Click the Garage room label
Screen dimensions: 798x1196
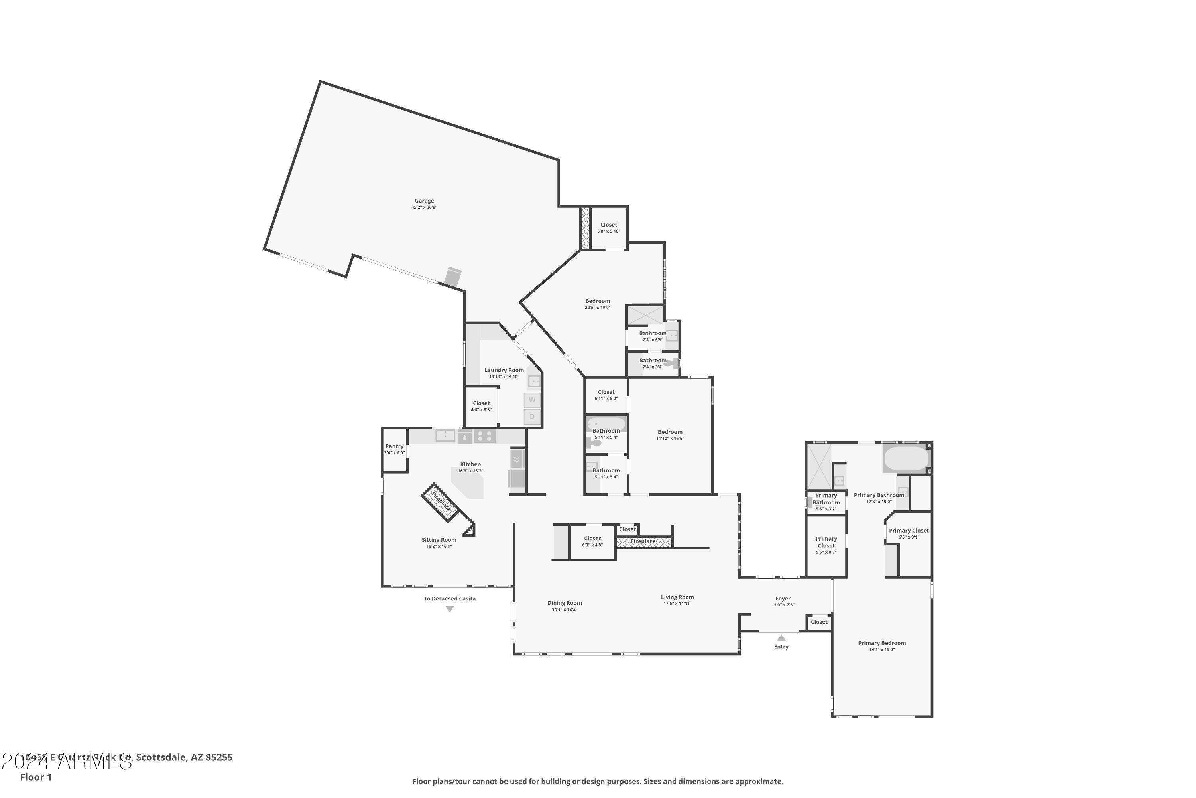coord(424,201)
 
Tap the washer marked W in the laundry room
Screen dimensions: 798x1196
coord(532,400)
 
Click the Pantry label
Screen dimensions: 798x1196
coord(394,446)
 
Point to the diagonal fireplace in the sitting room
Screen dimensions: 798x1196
coord(441,502)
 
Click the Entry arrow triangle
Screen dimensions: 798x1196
coord(781,638)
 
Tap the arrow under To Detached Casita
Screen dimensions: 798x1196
coord(450,609)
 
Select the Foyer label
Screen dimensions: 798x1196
coord(783,599)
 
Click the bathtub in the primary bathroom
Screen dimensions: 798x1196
coord(906,458)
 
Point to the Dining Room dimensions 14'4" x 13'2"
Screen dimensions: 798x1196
coord(565,610)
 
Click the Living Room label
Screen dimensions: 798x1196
coord(677,597)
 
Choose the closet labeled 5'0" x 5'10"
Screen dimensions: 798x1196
coord(608,227)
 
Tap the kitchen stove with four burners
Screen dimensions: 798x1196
coord(484,436)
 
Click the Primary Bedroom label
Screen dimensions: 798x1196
coord(882,643)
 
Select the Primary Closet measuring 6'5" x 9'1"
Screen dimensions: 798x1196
coord(909,533)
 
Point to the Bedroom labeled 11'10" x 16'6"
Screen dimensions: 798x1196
coord(670,435)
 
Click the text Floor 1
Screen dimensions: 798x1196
coord(35,777)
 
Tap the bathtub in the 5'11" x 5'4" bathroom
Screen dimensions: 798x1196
coord(606,424)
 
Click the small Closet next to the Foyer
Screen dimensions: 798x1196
coord(819,622)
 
